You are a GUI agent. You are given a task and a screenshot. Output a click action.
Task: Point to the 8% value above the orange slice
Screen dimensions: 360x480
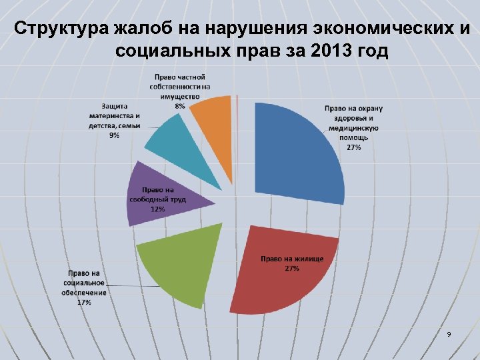(x=180, y=106)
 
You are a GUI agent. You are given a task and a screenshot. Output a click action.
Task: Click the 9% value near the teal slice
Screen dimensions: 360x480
(x=115, y=135)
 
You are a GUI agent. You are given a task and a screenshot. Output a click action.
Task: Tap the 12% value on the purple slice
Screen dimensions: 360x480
(x=157, y=209)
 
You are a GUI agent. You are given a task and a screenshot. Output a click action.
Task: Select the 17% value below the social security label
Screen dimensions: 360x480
(x=84, y=302)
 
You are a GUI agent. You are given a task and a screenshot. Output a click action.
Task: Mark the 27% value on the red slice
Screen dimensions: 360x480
(x=291, y=268)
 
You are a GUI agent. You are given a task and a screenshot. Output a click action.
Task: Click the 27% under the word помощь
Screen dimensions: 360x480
(x=354, y=147)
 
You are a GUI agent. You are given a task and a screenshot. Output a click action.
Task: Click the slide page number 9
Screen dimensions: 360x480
(x=449, y=333)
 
